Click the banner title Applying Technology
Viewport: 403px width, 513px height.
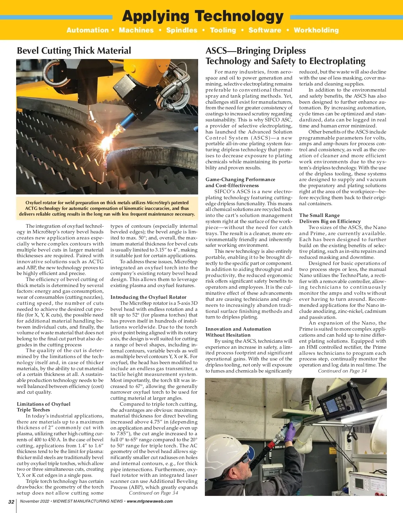[x=203, y=16]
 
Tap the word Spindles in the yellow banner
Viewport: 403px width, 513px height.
[x=182, y=30]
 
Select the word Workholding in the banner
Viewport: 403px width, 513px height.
[x=316, y=30]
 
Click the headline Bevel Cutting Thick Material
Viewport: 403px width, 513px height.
[x=74, y=51]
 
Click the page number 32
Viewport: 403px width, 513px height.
[x=11, y=502]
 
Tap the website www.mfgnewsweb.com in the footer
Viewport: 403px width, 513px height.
[x=150, y=501]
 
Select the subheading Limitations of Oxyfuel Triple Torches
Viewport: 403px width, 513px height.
[x=44, y=407]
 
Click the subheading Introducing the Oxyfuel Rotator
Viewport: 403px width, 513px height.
[x=148, y=297]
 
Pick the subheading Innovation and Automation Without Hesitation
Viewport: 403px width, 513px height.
[x=238, y=332]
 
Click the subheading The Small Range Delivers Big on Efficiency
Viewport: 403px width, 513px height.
[x=330, y=218]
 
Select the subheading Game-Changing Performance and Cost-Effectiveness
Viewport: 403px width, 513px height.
[x=240, y=182]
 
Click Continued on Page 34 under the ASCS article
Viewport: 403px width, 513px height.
[x=342, y=371]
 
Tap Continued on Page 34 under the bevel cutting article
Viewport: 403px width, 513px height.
[x=153, y=493]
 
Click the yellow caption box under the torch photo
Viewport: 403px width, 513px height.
[x=107, y=208]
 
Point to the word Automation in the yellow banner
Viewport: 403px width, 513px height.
[x=87, y=30]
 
